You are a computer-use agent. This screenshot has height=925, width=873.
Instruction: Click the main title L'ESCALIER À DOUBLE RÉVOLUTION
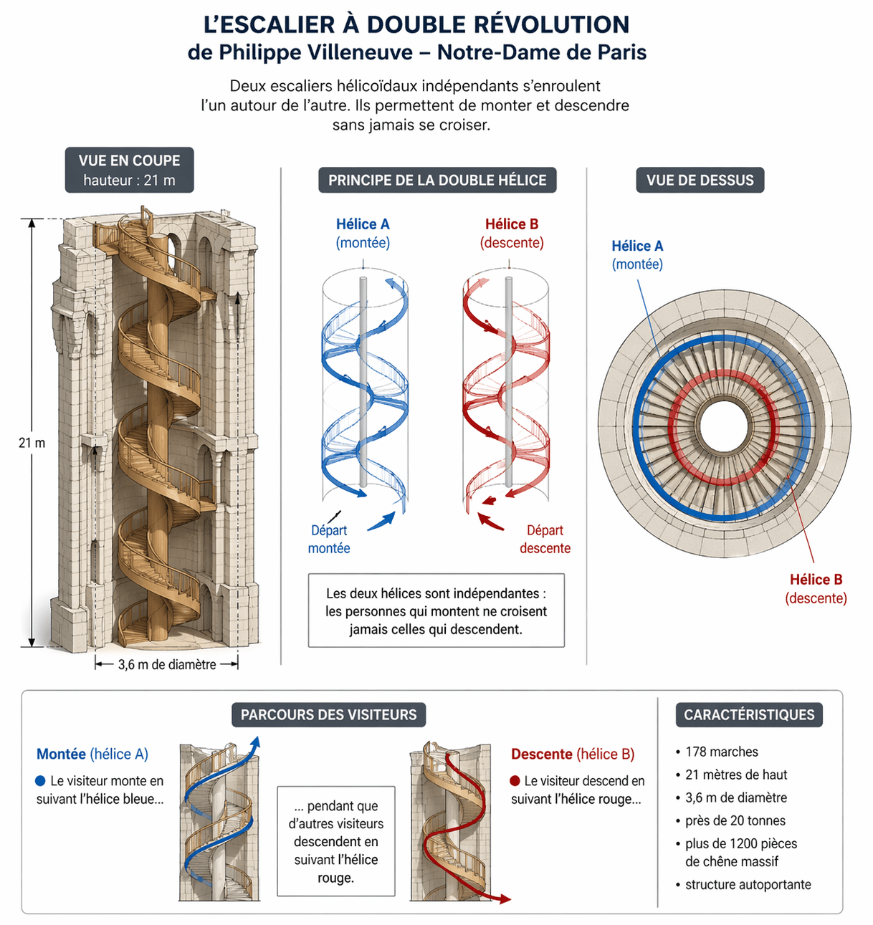pos(416,24)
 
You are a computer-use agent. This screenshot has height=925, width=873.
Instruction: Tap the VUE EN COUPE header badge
pos(129,170)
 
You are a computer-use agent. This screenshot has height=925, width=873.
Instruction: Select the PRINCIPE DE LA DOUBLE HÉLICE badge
pos(437,180)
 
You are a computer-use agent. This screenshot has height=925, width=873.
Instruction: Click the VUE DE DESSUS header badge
pos(700,180)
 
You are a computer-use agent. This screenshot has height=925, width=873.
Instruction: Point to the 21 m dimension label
pos(32,443)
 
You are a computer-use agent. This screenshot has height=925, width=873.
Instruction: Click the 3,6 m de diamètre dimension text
pos(167,664)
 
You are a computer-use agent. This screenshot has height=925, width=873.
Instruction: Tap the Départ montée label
pos(329,539)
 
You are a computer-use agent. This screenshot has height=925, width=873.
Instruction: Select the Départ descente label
pos(545,539)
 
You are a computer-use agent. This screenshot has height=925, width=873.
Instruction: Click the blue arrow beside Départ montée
pos(381,522)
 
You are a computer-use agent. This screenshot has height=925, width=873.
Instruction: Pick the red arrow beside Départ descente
pos(491,521)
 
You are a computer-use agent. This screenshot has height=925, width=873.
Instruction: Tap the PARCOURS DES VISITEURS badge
pos(328,714)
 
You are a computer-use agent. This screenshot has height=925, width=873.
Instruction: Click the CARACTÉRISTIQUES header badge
pos(749,714)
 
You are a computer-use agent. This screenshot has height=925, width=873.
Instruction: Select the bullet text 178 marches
pos(721,752)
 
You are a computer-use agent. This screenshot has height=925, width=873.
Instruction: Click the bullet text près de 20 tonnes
pos(735,820)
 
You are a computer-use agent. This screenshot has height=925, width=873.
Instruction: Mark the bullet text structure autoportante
pos(748,884)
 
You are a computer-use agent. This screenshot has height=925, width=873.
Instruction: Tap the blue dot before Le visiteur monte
pos(40,780)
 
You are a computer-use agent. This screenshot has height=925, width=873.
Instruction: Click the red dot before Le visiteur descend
pos(515,780)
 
